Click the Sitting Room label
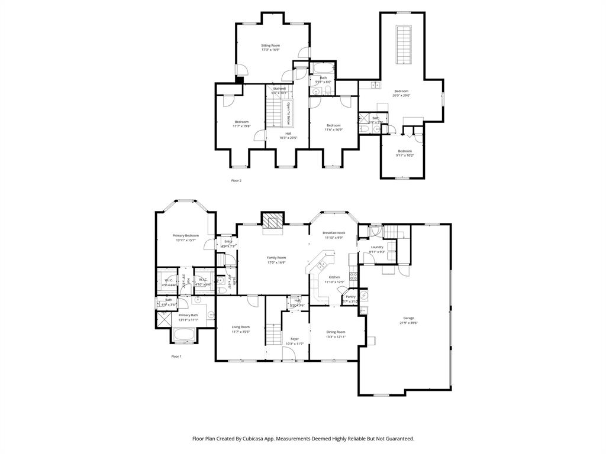270,45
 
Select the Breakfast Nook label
334,233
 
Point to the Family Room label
276,258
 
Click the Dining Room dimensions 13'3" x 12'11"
336,336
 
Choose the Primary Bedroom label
186,235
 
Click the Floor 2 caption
236,180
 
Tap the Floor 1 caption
176,356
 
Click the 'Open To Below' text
289,113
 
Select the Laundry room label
377,247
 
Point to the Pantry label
351,297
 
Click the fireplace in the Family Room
273,222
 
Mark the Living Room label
240,327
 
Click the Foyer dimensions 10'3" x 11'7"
294,343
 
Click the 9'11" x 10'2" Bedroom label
405,151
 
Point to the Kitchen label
334,277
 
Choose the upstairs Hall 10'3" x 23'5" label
288,134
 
